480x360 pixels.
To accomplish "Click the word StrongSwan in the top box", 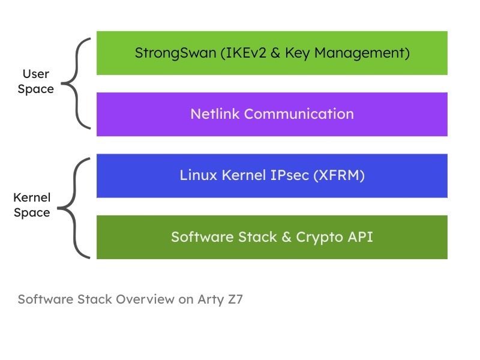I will coord(174,53).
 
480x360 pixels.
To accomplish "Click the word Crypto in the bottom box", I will coord(319,237).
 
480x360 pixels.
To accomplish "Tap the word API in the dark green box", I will coord(359,237).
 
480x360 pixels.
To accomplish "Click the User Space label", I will coord(36,82).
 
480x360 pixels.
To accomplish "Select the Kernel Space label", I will coord(32,205).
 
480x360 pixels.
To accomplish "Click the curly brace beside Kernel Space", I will coord(76,207).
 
